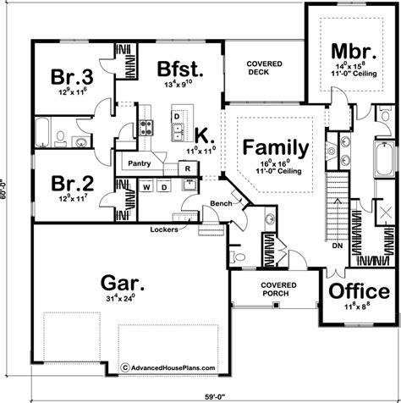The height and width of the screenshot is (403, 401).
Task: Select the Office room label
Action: pyautogui.click(x=360, y=292)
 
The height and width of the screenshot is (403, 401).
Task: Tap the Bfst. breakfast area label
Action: pyautogui.click(x=179, y=68)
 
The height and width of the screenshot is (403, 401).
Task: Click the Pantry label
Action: pyautogui.click(x=140, y=163)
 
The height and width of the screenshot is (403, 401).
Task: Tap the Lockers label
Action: pyautogui.click(x=163, y=229)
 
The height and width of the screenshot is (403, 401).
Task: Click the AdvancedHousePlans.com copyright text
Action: pyautogui.click(x=169, y=367)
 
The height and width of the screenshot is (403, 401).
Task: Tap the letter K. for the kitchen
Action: pyautogui.click(x=203, y=134)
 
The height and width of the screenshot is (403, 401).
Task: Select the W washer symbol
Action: pyautogui.click(x=146, y=186)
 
